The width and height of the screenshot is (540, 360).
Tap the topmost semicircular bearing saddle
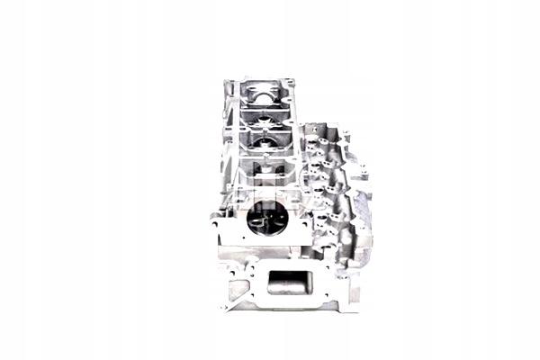tap(262, 92)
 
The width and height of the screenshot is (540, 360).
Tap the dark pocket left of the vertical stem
tap(252, 173)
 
